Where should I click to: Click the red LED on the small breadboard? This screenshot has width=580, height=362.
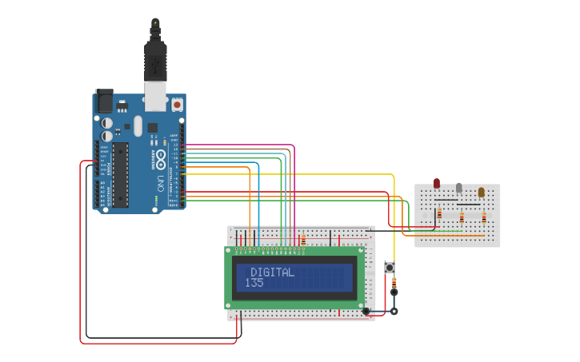click(x=437, y=184)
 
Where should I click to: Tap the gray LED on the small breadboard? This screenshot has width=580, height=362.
click(x=458, y=188)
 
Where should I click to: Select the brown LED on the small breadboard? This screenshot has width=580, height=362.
click(x=481, y=192)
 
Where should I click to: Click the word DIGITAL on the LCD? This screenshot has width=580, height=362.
click(x=272, y=272)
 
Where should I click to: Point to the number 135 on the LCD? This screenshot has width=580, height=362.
click(x=254, y=283)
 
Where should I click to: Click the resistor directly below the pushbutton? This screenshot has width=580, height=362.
click(x=394, y=283)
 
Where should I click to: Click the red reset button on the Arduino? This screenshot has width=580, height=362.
click(x=177, y=105)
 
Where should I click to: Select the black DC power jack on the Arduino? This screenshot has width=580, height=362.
click(x=104, y=101)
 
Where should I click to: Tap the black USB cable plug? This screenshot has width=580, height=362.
click(x=154, y=60)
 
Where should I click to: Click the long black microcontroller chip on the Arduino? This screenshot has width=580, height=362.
click(x=120, y=174)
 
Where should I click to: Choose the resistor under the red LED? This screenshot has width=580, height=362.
click(x=439, y=213)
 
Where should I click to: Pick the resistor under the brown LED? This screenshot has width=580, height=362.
click(x=484, y=217)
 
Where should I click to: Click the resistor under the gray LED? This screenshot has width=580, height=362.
click(x=462, y=217)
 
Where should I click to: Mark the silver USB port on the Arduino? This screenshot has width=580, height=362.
click(x=154, y=95)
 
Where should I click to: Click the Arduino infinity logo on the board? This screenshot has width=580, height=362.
click(x=160, y=154)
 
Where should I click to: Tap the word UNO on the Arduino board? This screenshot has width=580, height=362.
click(x=160, y=183)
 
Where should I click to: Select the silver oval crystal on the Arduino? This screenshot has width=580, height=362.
click(x=138, y=125)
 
